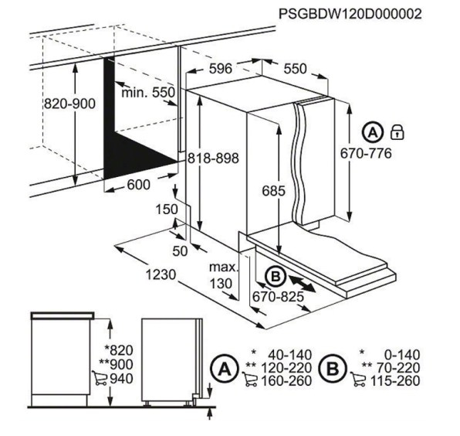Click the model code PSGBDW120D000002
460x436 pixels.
tap(350, 14)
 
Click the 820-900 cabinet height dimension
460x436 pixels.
tap(69, 104)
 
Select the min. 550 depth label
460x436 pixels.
tap(148, 93)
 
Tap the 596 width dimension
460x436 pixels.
tap(221, 69)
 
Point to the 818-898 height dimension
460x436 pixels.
tap(213, 158)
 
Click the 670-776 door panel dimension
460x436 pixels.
tap(366, 153)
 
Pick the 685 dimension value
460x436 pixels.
tap(273, 191)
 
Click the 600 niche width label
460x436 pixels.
tap(138, 185)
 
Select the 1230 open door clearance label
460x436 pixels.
tap(161, 274)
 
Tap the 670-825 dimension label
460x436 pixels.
tap(278, 297)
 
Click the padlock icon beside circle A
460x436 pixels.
tap(397, 132)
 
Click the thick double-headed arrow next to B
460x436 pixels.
tap(303, 284)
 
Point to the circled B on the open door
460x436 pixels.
tap(276, 277)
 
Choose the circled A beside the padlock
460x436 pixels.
tap(373, 133)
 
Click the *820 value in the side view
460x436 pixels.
tap(119, 350)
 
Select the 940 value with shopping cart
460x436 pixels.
tap(121, 379)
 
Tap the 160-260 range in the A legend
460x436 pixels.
tap(286, 381)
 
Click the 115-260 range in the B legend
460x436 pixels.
tap(395, 381)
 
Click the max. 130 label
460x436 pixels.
tap(223, 275)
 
